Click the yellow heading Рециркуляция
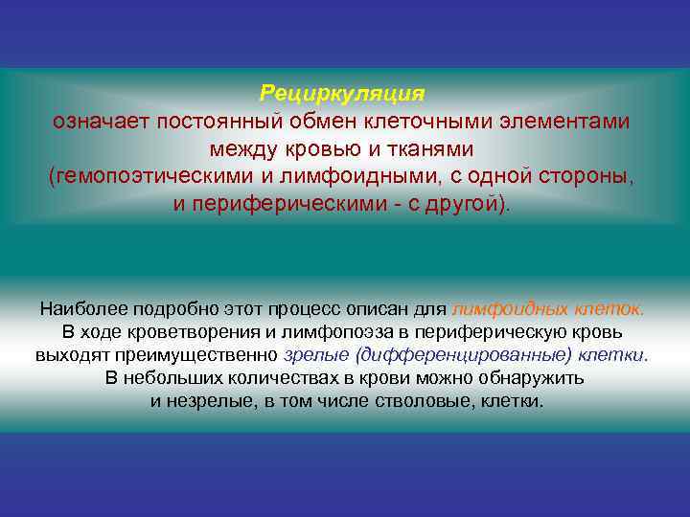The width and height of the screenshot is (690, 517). click(x=342, y=94)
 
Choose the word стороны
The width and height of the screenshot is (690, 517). click(x=588, y=177)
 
